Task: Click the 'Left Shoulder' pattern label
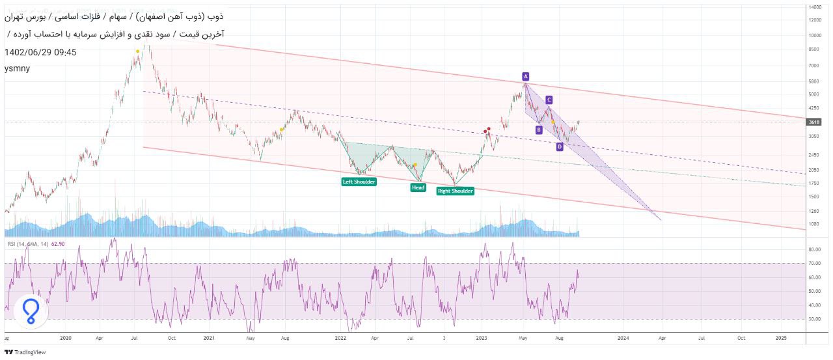[359, 182]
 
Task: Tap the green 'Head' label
[418, 187]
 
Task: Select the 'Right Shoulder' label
[455, 191]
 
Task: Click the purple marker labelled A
[525, 76]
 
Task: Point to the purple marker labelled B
[539, 130]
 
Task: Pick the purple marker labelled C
[549, 100]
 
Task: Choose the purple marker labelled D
[560, 146]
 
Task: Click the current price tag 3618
[814, 122]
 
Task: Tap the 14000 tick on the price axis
[815, 7]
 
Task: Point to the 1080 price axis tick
[813, 224]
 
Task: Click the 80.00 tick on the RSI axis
[813, 249]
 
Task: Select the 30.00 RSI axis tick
[813, 319]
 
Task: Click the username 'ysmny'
[17, 68]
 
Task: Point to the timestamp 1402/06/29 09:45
[40, 52]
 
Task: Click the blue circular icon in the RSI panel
[31, 312]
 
